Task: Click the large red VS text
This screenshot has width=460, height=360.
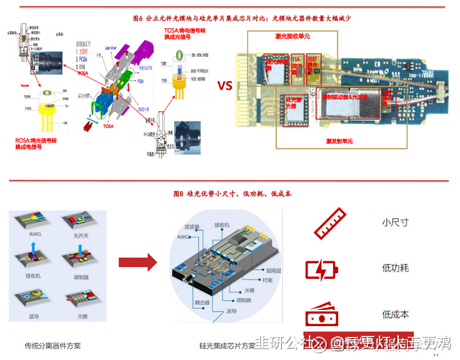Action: click(224, 86)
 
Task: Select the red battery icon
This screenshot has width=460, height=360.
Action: click(321, 269)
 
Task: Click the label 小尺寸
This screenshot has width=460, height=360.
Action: click(395, 222)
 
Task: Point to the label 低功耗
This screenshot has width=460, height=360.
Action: click(395, 268)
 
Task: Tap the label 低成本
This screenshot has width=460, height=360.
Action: click(395, 315)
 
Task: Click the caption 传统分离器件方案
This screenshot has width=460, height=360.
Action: click(52, 346)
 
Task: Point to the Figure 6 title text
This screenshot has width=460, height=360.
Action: click(241, 18)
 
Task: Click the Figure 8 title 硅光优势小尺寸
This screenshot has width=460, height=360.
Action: click(232, 194)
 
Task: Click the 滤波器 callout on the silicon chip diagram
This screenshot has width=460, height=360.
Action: click(191, 227)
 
